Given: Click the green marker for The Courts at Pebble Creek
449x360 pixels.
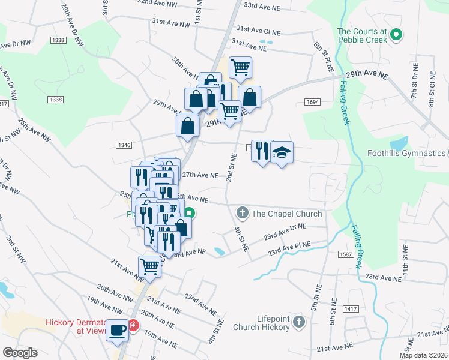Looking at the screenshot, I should pyautogui.click(x=396, y=35).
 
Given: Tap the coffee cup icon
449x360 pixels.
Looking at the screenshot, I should pyautogui.click(x=118, y=330).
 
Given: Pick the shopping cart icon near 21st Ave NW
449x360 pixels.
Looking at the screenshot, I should pyautogui.click(x=149, y=266).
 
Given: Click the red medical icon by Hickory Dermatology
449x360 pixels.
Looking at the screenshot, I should pyautogui.click(x=133, y=327).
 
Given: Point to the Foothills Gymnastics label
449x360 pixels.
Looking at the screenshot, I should pyautogui.click(x=407, y=153).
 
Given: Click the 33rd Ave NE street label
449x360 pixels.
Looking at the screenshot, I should pyautogui.click(x=262, y=5).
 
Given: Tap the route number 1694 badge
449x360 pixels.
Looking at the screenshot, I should pyautogui.click(x=312, y=103).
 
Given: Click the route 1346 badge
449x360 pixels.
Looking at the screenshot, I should pyautogui.click(x=124, y=145).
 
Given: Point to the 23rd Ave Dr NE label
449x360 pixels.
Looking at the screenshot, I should pyautogui.click(x=286, y=233).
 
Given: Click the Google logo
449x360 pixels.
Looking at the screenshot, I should pyautogui.click(x=20, y=353).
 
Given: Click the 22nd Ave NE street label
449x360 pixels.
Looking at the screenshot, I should pyautogui.click(x=200, y=305).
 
